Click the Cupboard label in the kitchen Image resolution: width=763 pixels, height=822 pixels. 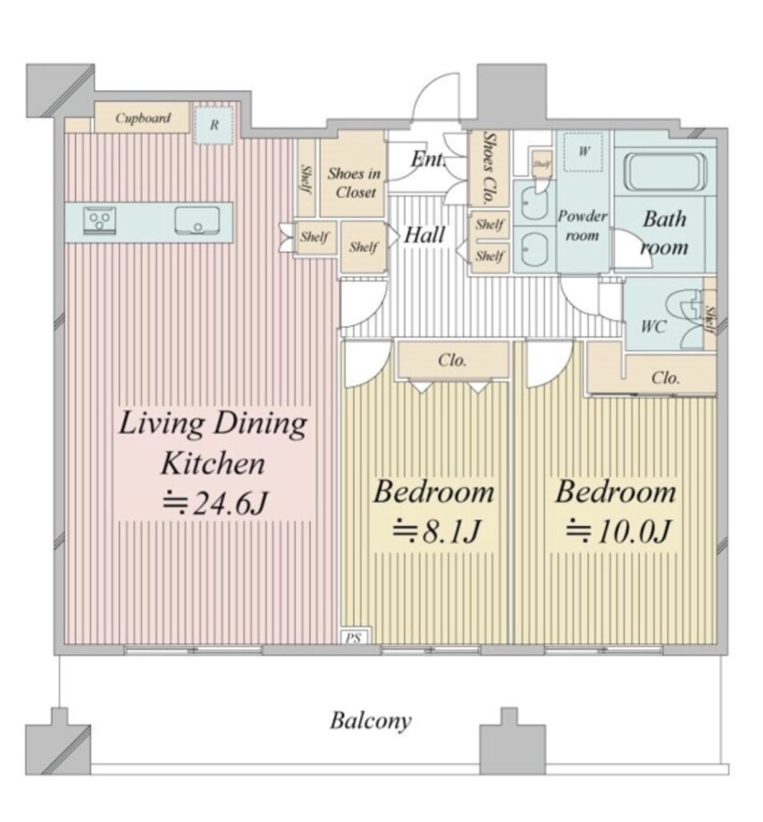[143, 118]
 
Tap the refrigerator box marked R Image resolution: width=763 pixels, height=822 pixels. [214, 125]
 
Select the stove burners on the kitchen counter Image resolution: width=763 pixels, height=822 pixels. [99, 221]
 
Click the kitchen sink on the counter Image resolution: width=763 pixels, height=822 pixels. [197, 221]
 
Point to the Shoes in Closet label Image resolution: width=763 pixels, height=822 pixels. [355, 183]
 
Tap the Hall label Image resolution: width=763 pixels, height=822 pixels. [424, 235]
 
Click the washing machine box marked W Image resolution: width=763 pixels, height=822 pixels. [583, 152]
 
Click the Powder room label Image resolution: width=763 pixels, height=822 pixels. [583, 225]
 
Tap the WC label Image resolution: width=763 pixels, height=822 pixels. [653, 327]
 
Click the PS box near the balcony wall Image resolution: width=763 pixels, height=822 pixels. [354, 636]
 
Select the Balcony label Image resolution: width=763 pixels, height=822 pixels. [371, 721]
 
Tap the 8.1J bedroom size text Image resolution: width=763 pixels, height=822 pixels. [436, 531]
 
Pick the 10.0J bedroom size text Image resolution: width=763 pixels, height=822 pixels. [618, 531]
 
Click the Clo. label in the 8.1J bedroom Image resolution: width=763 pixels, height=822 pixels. [452, 361]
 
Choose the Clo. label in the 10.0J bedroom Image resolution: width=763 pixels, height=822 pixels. [666, 377]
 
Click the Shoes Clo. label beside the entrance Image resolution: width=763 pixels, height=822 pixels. [489, 168]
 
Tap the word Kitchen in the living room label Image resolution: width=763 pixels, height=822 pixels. [214, 464]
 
